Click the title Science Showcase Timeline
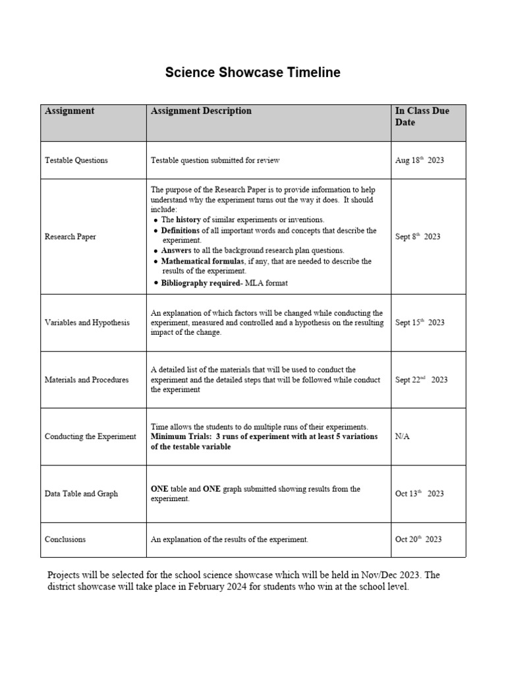tap(252, 73)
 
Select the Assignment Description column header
tap(201, 111)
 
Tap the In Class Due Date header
tap(422, 117)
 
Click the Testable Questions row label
tap(76, 160)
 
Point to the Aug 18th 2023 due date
tap(419, 160)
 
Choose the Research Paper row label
tap(70, 237)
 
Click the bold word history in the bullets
tap(188, 220)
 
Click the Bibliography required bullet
tap(199, 283)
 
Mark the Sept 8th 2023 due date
tap(418, 237)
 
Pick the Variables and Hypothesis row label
tap(87, 323)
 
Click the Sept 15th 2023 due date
tap(420, 323)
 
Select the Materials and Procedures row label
tap(86, 380)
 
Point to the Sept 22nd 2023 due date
tap(421, 380)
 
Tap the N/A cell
tap(402, 436)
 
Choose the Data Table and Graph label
tap(81, 494)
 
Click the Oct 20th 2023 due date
tap(418, 539)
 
